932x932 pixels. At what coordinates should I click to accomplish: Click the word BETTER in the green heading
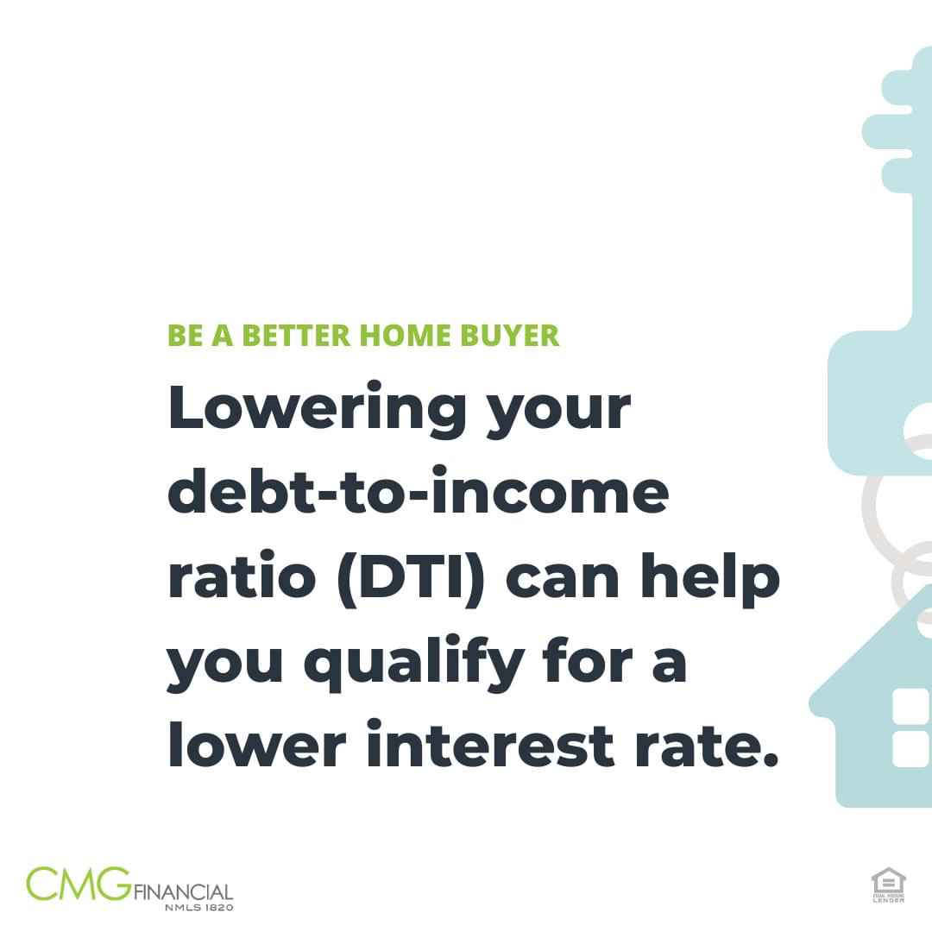click(x=296, y=335)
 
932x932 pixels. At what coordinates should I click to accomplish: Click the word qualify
click(x=413, y=663)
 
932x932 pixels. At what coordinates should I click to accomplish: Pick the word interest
click(x=490, y=744)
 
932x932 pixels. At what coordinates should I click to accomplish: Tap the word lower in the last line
click(x=257, y=742)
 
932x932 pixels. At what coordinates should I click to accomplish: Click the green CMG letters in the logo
click(x=79, y=884)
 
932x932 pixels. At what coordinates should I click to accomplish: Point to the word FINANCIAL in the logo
click(x=183, y=891)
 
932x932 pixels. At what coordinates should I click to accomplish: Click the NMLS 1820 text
click(x=199, y=908)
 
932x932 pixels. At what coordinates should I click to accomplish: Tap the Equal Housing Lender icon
click(x=888, y=885)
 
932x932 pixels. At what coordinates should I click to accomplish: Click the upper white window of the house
click(x=911, y=707)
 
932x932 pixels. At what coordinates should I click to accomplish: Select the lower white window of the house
click(x=911, y=749)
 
